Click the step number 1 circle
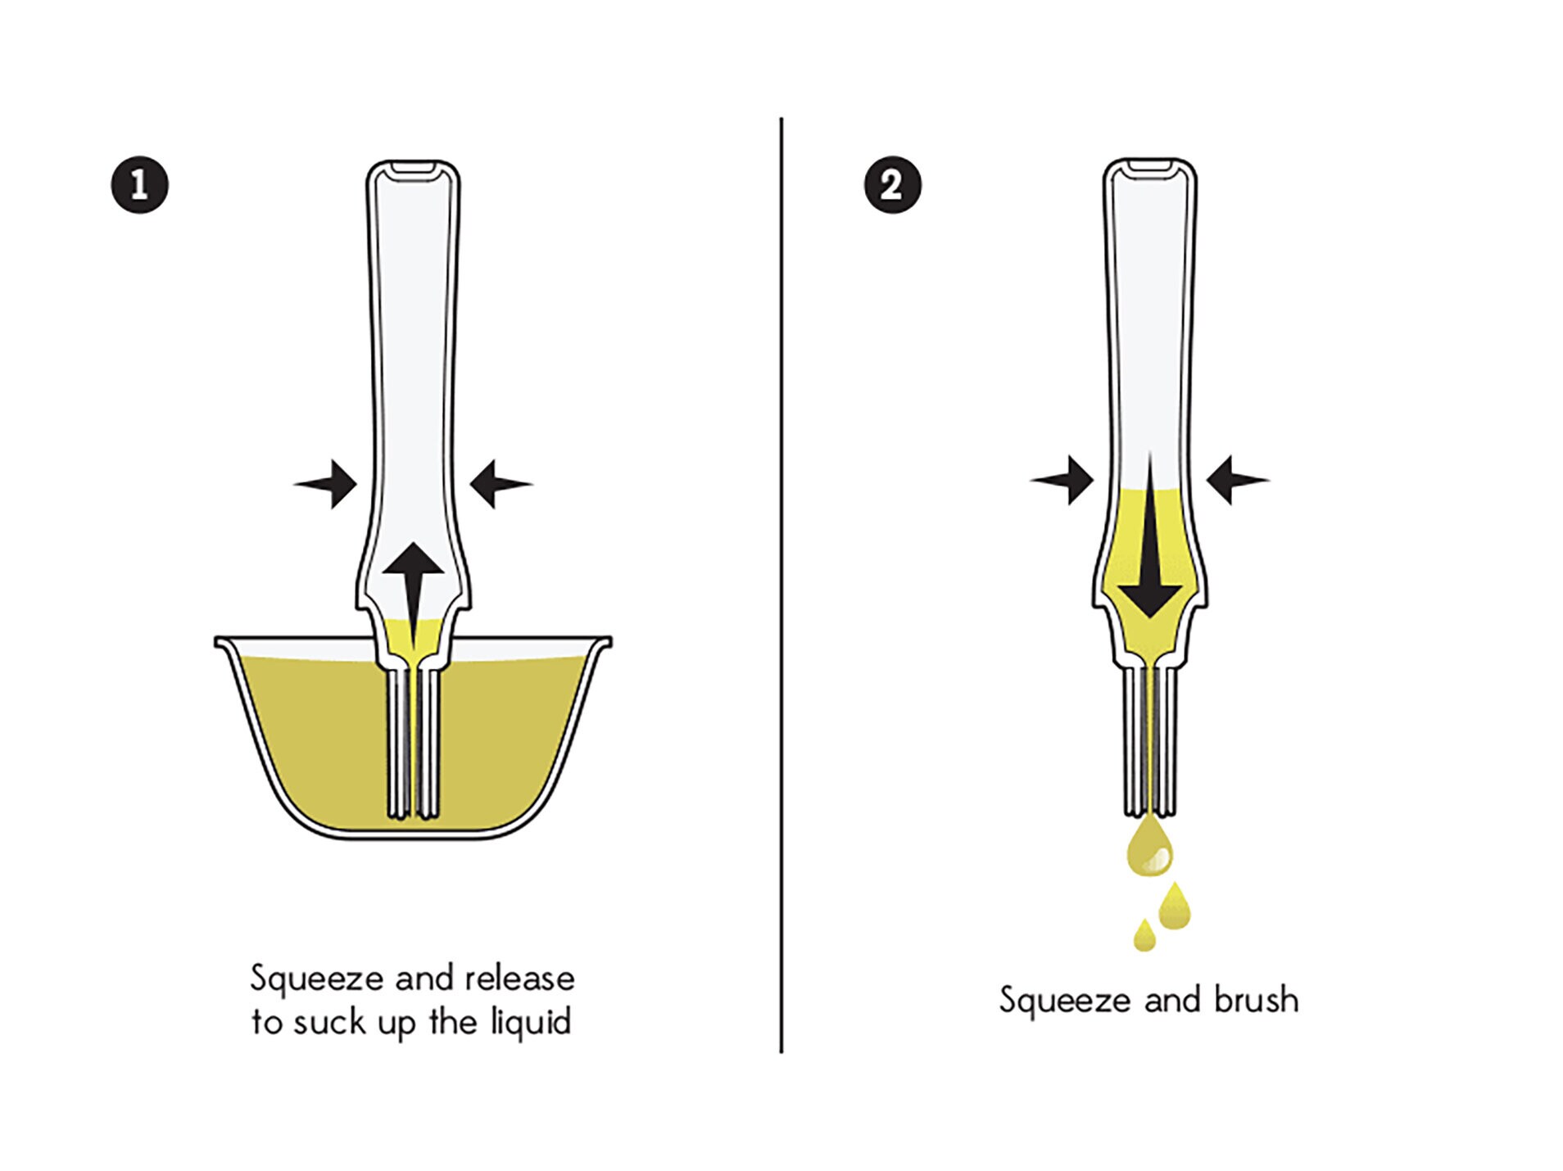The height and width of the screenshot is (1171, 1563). pos(139,184)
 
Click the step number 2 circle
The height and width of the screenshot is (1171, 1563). pos(892,184)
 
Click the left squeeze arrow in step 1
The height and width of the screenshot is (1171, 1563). pos(328,484)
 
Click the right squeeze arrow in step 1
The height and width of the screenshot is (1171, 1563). pos(499,484)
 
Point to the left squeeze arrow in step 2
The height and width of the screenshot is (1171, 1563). pos(1064,480)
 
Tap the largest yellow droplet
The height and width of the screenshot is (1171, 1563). pos(1149,848)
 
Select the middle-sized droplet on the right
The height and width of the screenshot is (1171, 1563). pos(1175,907)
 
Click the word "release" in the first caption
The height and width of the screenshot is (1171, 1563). pos(519,979)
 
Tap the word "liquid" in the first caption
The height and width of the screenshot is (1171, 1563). pos(530,1023)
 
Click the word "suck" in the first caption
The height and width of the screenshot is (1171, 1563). pos(329,1023)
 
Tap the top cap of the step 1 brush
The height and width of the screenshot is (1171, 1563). pos(413,169)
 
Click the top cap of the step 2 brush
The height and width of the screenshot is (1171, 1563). pos(1149,167)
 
